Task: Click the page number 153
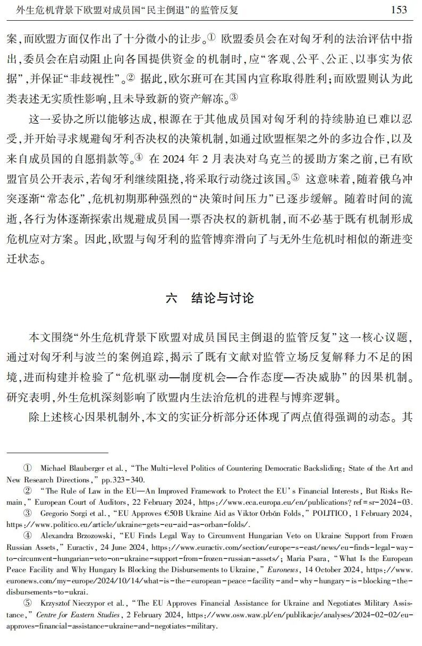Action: coord(399,10)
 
